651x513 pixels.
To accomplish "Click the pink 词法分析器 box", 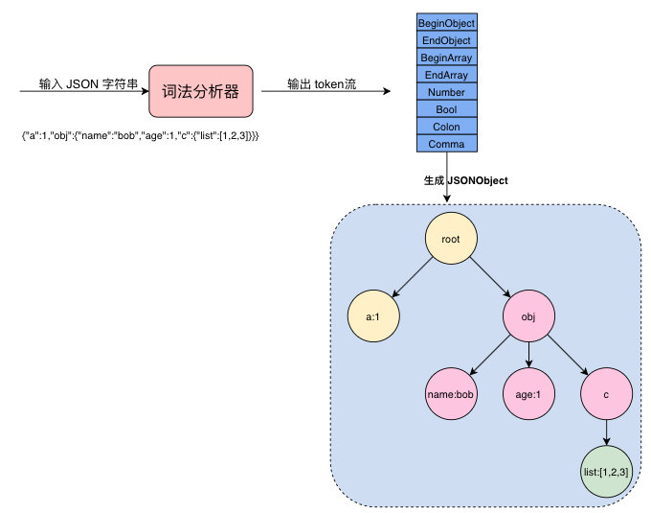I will (x=199, y=93).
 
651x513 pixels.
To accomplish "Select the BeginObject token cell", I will (x=446, y=23).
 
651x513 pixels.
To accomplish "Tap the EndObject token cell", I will (x=446, y=40).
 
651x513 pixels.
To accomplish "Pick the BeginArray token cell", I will (x=446, y=58).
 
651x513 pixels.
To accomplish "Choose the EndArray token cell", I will (x=446, y=75).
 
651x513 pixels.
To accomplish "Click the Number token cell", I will (x=446, y=92).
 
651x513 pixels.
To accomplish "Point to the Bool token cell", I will (x=446, y=109).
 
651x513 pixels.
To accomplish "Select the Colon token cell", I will (x=446, y=127).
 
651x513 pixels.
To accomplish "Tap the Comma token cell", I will (x=446, y=144).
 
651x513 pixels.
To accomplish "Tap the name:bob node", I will (x=451, y=393).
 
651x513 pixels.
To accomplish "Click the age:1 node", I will (x=530, y=393).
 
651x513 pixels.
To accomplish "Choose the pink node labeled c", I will (x=606, y=393).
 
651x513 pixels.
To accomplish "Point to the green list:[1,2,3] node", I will (x=606, y=472).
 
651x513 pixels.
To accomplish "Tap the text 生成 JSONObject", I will (x=465, y=179).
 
